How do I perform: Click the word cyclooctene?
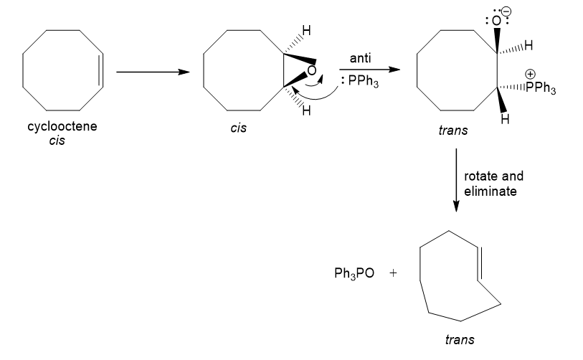click(x=62, y=126)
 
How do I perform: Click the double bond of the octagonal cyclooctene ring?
click(x=101, y=70)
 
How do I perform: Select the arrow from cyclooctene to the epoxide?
click(x=153, y=72)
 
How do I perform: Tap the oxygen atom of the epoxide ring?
click(x=311, y=70)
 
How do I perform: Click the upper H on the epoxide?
click(x=306, y=31)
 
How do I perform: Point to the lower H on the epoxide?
click(x=306, y=110)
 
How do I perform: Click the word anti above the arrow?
click(x=360, y=58)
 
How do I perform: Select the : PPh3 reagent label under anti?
click(x=359, y=81)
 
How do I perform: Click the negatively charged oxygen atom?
click(x=496, y=21)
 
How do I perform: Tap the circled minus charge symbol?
click(x=506, y=11)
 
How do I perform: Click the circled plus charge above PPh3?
click(x=530, y=74)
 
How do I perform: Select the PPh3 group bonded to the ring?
click(x=541, y=87)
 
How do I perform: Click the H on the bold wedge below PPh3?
click(x=505, y=119)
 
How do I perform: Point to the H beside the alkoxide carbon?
click(x=529, y=45)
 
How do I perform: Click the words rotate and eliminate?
click(x=494, y=184)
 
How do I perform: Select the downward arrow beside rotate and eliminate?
click(x=456, y=181)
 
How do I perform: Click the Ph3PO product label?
click(x=354, y=273)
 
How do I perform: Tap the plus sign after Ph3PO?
click(x=393, y=273)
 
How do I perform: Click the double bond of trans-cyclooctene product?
click(x=479, y=263)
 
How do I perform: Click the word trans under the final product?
click(x=460, y=339)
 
